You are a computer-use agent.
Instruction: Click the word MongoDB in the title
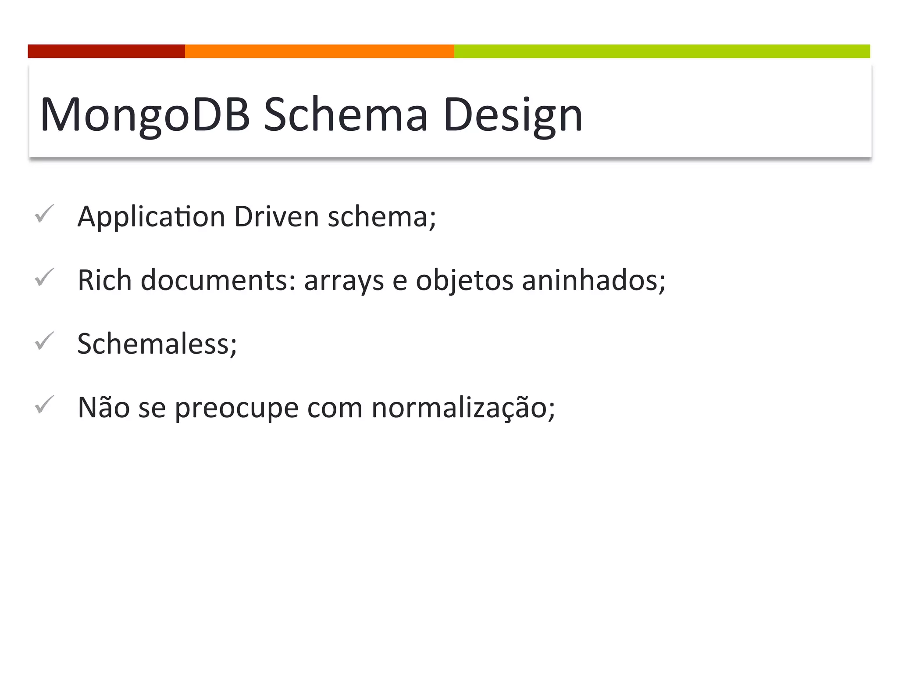[145, 115]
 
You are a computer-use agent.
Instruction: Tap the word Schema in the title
[346, 115]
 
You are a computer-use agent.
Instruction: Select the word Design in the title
[512, 115]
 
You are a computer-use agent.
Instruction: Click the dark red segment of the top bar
[106, 51]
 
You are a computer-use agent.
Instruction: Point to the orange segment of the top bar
[319, 51]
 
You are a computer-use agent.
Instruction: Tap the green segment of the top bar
[662, 51]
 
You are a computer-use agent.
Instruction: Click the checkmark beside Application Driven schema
[44, 214]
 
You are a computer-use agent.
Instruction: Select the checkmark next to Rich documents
[44, 277]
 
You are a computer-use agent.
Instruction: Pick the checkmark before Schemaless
[44, 341]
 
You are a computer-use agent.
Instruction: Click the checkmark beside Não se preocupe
[44, 405]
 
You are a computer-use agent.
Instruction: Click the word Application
[151, 217]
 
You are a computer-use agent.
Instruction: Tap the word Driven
[276, 217]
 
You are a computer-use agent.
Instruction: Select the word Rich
[104, 280]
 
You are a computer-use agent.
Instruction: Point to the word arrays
[344, 281]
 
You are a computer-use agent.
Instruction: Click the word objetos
[464, 281]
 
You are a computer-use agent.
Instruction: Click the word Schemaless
[157, 344]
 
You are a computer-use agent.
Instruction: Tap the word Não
[103, 407]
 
